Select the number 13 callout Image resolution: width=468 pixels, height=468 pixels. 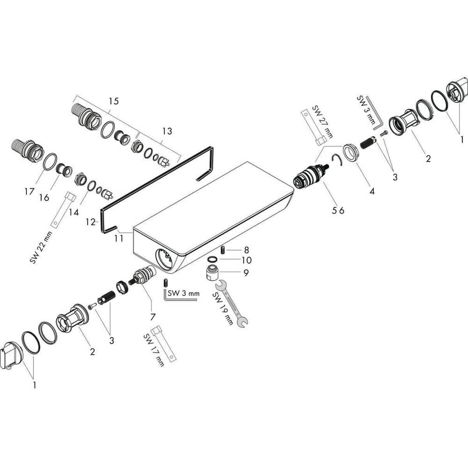click(167, 131)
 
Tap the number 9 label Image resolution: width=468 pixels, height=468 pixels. click(246, 273)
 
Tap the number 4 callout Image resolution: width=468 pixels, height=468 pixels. click(372, 191)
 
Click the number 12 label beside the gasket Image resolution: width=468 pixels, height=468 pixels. click(90, 222)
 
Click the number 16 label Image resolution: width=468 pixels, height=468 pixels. click(44, 198)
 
